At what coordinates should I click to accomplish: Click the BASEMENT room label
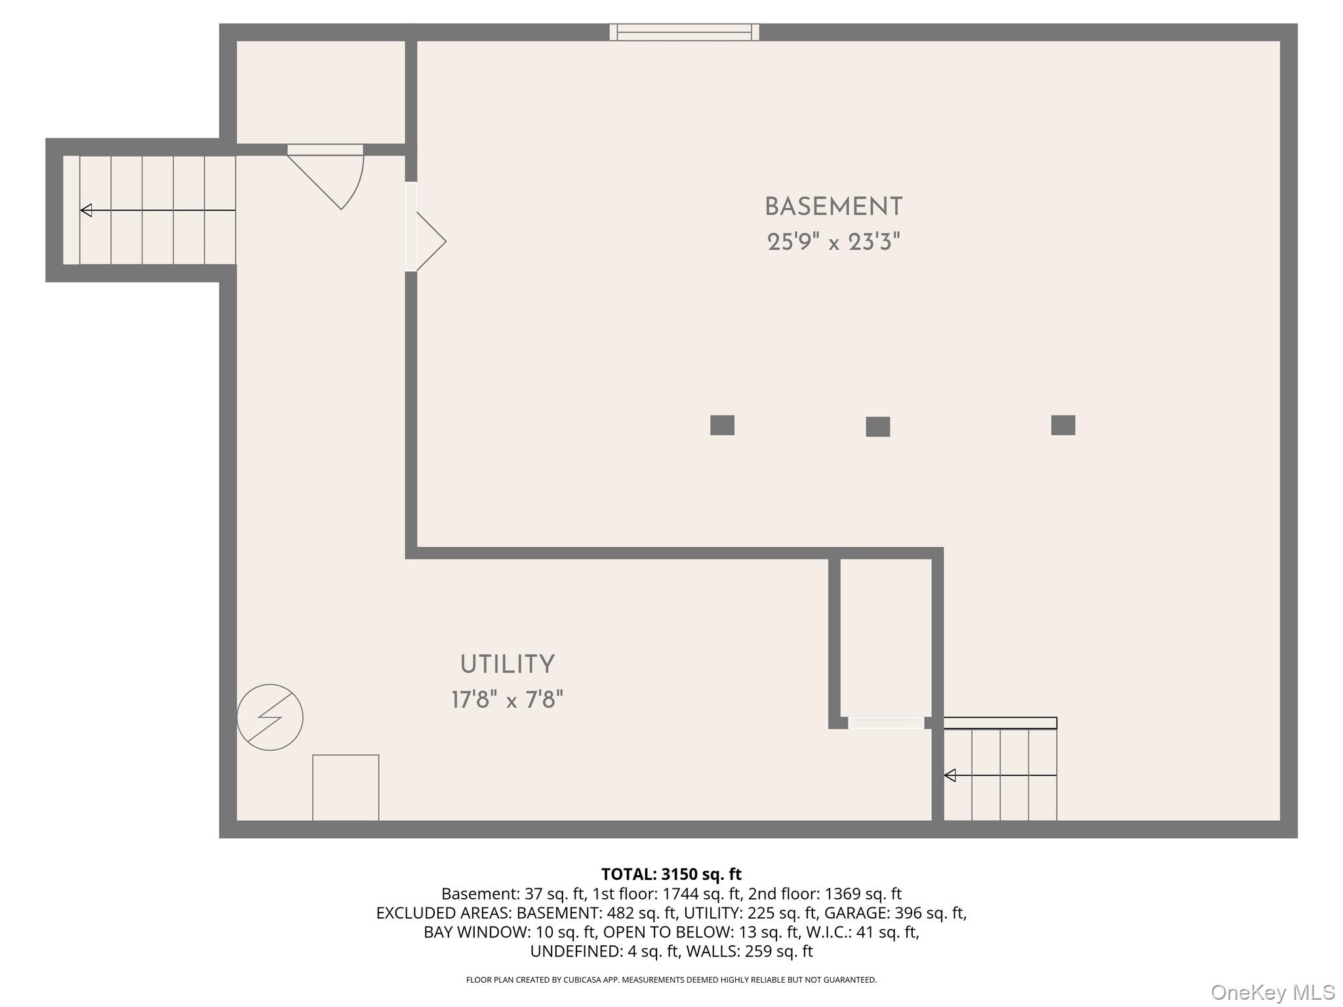833,207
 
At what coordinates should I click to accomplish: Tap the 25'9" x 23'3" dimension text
833,243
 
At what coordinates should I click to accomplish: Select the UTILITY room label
507,665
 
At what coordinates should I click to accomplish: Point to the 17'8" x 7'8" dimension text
507,700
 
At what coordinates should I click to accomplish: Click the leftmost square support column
722,425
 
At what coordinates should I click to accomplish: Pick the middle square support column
877,427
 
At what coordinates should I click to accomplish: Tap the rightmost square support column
1062,425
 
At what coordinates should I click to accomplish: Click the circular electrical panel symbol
270,717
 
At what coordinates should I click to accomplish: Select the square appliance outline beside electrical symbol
346,787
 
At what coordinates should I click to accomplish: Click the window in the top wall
684,32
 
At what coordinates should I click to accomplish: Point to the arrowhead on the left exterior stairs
86,210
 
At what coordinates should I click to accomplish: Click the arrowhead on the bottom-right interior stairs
950,776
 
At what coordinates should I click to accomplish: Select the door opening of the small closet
886,722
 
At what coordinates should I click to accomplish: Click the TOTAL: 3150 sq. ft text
671,874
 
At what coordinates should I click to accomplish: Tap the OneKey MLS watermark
1272,993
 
